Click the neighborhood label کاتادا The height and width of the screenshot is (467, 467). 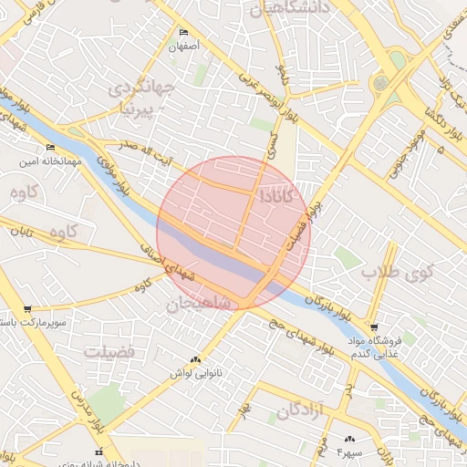coord(276,195)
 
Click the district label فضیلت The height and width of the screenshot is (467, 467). coord(109,351)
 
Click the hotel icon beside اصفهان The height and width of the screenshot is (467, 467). coord(184,33)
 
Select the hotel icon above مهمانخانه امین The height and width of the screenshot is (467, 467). coord(50,148)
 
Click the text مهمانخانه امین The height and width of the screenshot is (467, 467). coord(53,161)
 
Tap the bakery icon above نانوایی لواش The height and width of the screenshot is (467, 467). coord(195,360)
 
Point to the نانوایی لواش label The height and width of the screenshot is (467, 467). coord(194,374)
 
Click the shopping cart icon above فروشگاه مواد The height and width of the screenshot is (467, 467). coord(374,327)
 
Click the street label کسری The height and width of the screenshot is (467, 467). coord(272,146)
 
